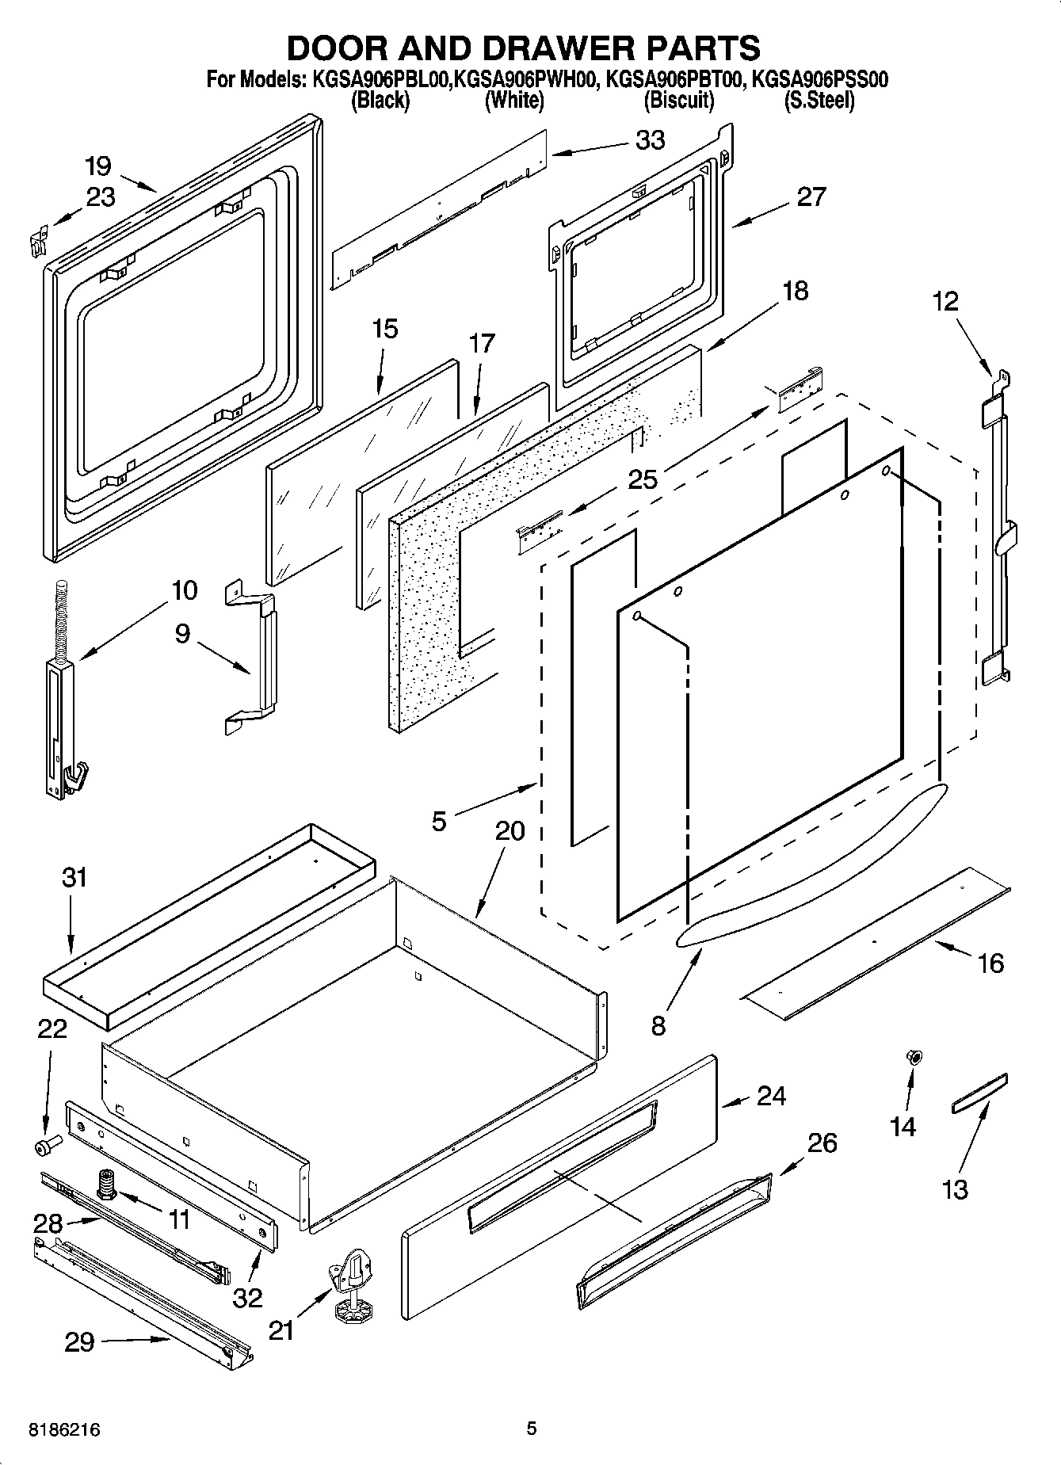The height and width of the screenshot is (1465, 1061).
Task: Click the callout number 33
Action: click(x=650, y=140)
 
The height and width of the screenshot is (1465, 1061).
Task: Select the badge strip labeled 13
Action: click(x=979, y=1094)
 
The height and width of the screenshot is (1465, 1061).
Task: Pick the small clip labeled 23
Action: click(x=36, y=240)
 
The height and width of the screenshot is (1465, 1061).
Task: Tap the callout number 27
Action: click(x=811, y=196)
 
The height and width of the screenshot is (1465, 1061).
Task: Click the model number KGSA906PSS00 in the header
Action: click(x=819, y=80)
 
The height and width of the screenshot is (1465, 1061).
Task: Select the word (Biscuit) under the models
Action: click(x=679, y=101)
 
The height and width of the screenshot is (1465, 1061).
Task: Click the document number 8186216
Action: click(x=64, y=1429)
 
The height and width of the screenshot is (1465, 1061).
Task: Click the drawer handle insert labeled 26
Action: click(x=674, y=1240)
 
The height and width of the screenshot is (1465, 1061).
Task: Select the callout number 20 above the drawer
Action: click(x=510, y=831)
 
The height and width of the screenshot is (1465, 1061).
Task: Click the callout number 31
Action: click(x=74, y=877)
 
